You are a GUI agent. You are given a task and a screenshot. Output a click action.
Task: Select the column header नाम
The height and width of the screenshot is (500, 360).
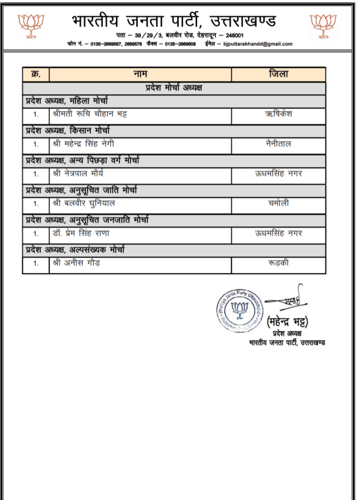[x=140, y=74]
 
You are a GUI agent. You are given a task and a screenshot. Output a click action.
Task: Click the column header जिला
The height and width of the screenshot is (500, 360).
[x=278, y=74]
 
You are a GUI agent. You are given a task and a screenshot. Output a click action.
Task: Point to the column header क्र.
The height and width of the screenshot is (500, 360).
[x=36, y=74]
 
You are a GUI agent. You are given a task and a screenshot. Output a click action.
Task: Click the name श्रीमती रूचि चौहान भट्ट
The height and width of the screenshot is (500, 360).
[x=90, y=114]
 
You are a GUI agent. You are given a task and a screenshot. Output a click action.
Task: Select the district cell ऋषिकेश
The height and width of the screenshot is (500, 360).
[x=278, y=114]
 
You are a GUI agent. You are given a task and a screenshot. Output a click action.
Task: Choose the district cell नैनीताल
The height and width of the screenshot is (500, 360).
[x=278, y=144]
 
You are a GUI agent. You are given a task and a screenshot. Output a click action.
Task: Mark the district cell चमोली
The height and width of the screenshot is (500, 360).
[x=278, y=204]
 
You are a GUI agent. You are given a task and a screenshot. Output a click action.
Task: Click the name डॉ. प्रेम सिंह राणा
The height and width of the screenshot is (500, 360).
[x=81, y=233]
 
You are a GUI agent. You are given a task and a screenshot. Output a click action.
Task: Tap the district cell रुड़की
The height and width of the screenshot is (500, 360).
[x=278, y=263]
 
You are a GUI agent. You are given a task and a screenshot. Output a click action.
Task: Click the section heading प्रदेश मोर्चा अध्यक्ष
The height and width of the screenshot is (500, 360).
[x=174, y=88]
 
